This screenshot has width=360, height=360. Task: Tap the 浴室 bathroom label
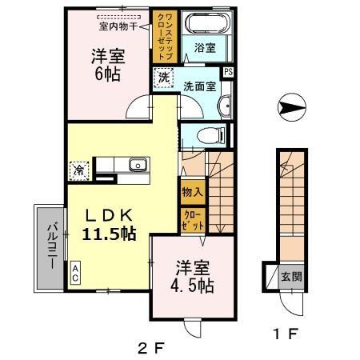click(205, 48)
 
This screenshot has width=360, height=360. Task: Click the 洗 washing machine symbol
click(162, 78)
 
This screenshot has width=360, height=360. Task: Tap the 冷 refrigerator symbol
click(79, 170)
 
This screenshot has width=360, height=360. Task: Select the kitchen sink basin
click(137, 166)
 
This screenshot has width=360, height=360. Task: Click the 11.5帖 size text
click(108, 234)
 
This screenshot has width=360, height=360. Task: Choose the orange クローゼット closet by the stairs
click(192, 220)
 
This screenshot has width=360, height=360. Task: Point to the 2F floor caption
click(149, 347)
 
